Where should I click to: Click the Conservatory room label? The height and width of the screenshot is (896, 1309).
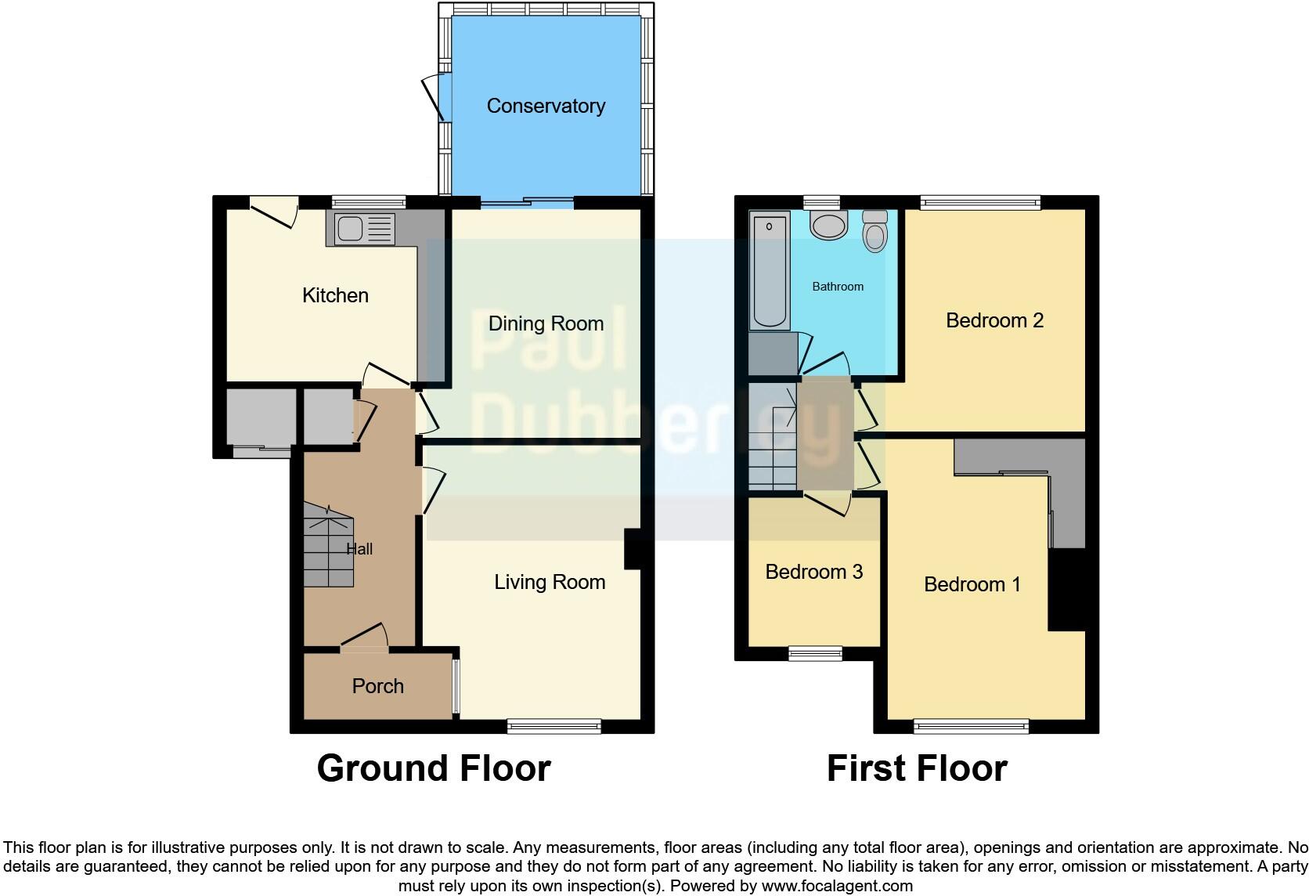(x=546, y=106)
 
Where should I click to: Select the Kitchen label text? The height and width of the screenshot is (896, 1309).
(x=335, y=295)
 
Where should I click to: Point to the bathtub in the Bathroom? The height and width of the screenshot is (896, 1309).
(x=770, y=271)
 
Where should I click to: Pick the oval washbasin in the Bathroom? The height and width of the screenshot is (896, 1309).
(x=828, y=226)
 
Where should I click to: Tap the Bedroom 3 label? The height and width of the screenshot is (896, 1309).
(x=813, y=572)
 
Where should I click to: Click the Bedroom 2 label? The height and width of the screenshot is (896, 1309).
(x=994, y=320)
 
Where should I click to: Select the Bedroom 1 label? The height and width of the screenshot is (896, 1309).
(x=972, y=584)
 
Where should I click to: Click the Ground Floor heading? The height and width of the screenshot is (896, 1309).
(x=434, y=768)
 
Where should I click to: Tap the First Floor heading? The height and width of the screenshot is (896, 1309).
(x=917, y=768)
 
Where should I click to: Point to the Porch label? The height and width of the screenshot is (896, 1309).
(x=377, y=686)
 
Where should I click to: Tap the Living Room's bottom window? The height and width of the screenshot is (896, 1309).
(x=554, y=727)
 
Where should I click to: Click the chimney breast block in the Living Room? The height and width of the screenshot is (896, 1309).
(x=633, y=549)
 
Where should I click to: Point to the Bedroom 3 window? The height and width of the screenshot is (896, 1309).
(x=814, y=653)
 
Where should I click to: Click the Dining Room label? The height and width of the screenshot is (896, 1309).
(x=546, y=323)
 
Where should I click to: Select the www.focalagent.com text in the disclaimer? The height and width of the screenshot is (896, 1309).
(x=836, y=887)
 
